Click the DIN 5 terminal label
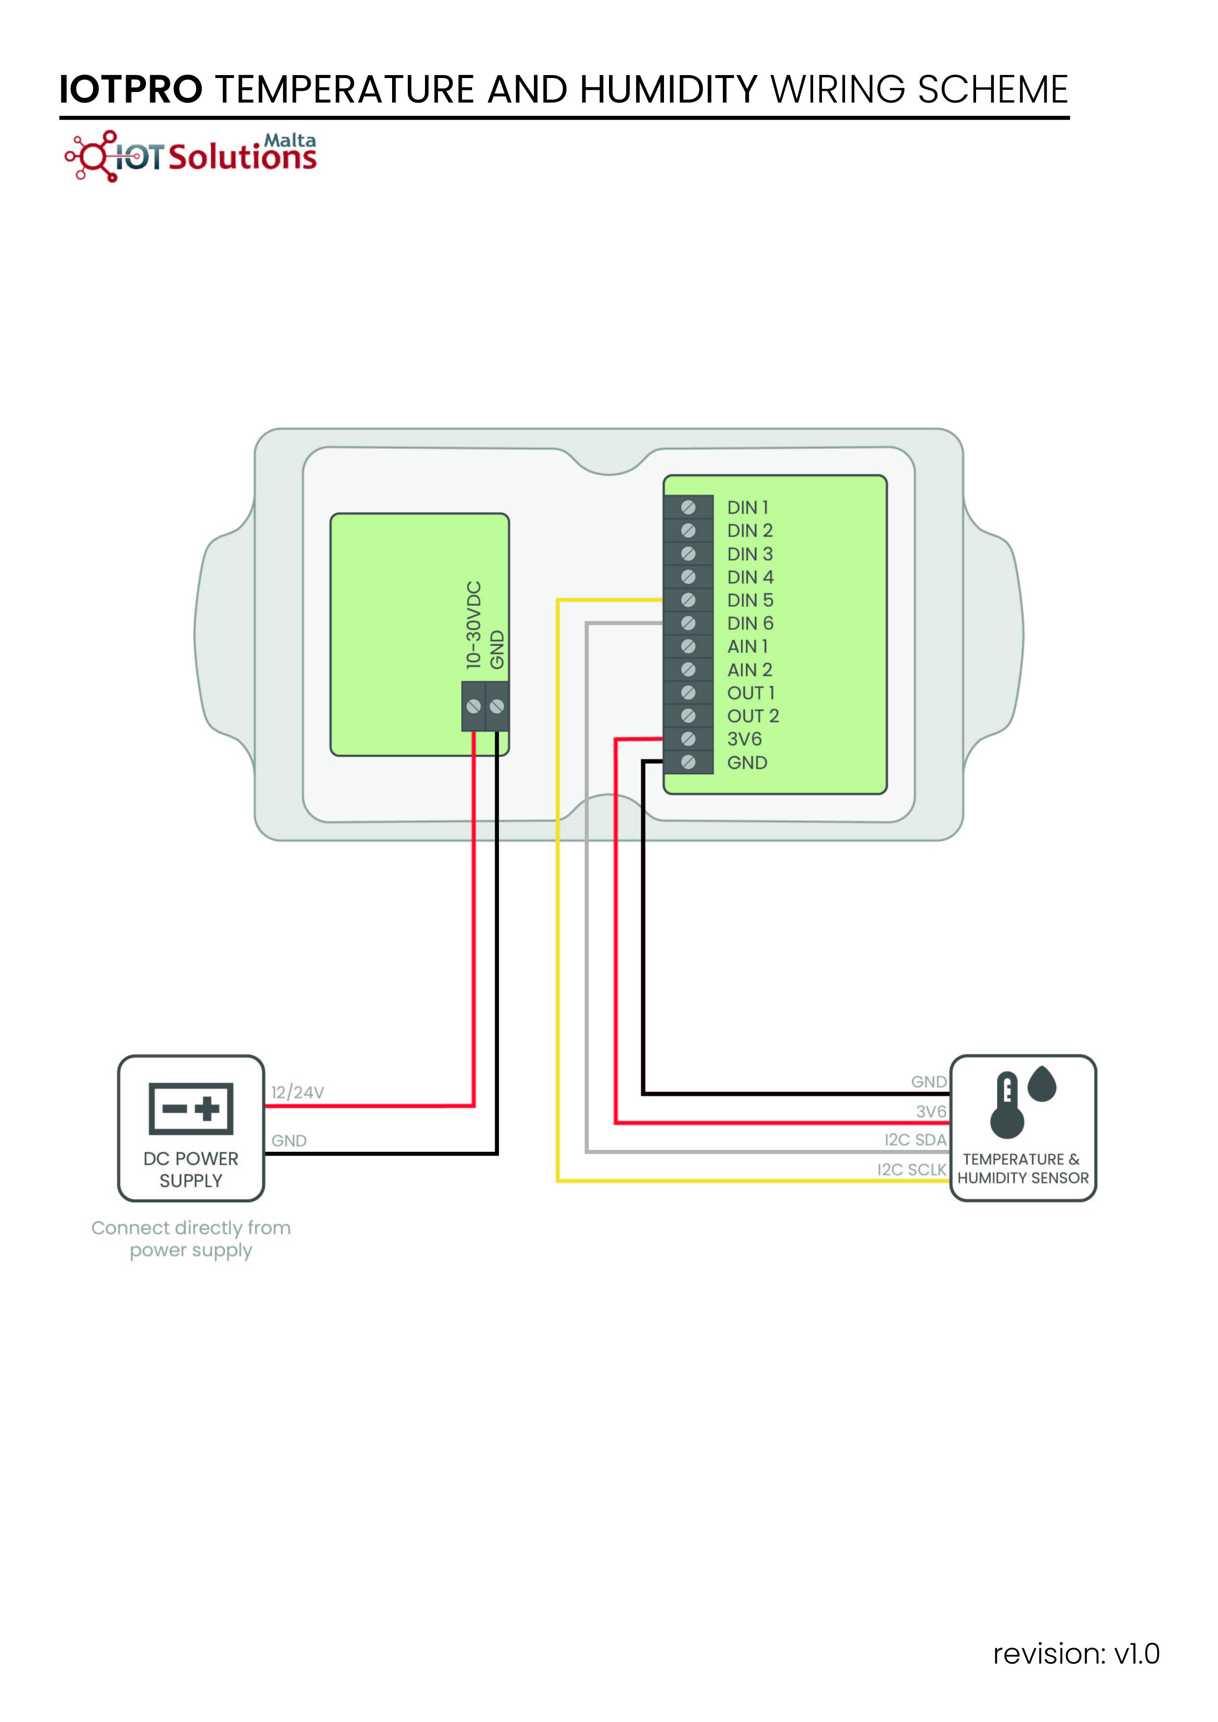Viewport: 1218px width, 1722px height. coord(750,600)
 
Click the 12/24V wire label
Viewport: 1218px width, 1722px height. coord(298,1092)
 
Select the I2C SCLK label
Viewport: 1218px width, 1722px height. coord(912,1169)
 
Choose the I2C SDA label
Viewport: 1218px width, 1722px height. coord(916,1140)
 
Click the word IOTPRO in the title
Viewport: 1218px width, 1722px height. coord(131,89)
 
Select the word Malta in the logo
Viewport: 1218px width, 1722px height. coord(290,140)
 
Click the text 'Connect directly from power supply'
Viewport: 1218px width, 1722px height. coord(191,1239)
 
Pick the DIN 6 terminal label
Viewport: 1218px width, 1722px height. coord(750,623)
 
